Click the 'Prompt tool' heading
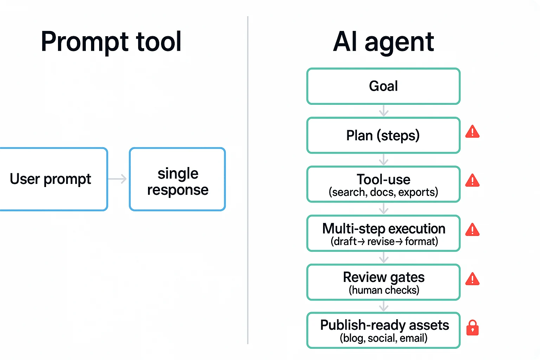pyautogui.click(x=111, y=42)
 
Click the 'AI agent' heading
pyautogui.click(x=383, y=42)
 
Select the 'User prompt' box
pyautogui.click(x=53, y=179)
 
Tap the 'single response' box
pyautogui.click(x=178, y=179)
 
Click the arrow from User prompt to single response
pyautogui.click(x=118, y=179)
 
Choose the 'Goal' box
pyautogui.click(x=383, y=86)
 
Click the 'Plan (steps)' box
pyautogui.click(x=383, y=135)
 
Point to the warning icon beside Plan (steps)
pyautogui.click(x=472, y=132)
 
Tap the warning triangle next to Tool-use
pyautogui.click(x=472, y=181)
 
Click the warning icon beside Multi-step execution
pyautogui.click(x=472, y=230)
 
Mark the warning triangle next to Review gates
pyautogui.click(x=472, y=279)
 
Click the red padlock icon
pyautogui.click(x=472, y=328)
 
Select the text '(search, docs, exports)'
pyautogui.click(x=383, y=192)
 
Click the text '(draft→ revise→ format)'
pyautogui.click(x=384, y=242)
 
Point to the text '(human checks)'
pyautogui.click(x=384, y=290)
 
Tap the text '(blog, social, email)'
pyautogui.click(x=383, y=338)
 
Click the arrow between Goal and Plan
pyautogui.click(x=384, y=111)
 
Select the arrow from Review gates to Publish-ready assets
pyautogui.click(x=384, y=306)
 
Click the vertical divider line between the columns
pyautogui.click(x=248, y=179)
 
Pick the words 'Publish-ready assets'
pyautogui.click(x=384, y=325)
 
